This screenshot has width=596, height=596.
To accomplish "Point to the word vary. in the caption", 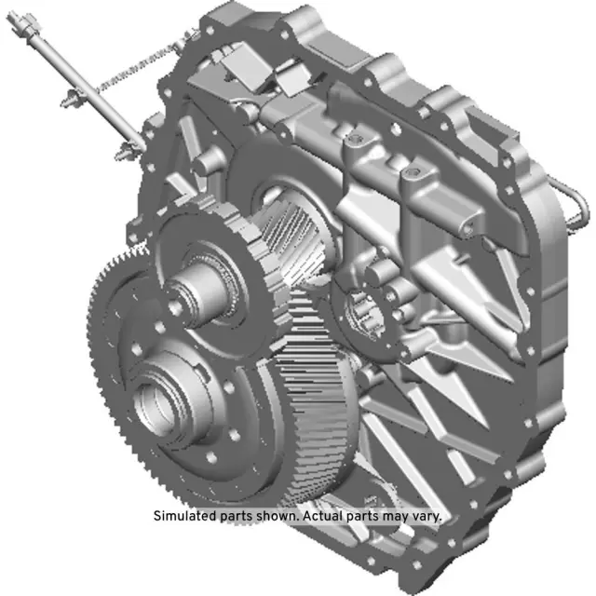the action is click(x=427, y=516).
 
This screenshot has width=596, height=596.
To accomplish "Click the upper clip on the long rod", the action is click(x=73, y=99).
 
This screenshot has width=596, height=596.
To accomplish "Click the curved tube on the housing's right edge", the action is click(x=576, y=201).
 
